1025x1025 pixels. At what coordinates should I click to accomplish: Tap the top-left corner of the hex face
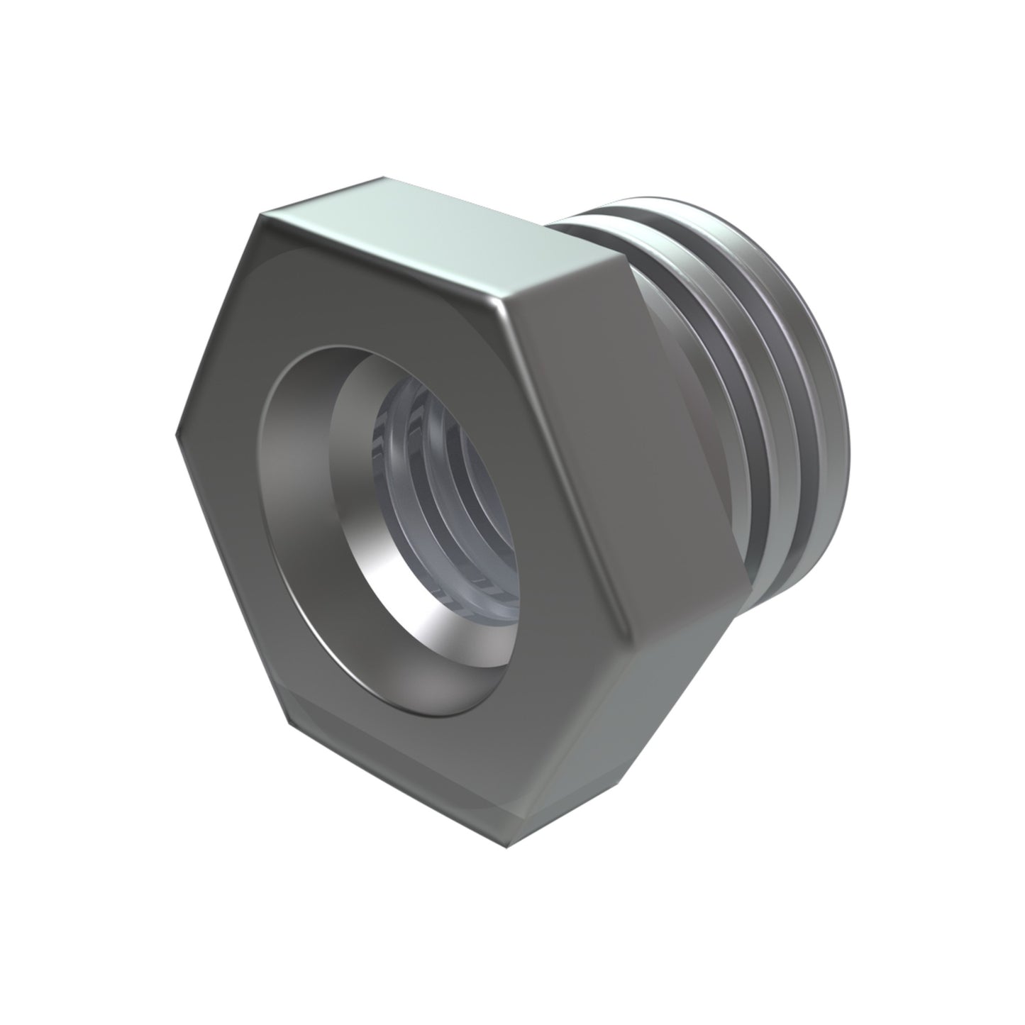(x=263, y=214)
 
